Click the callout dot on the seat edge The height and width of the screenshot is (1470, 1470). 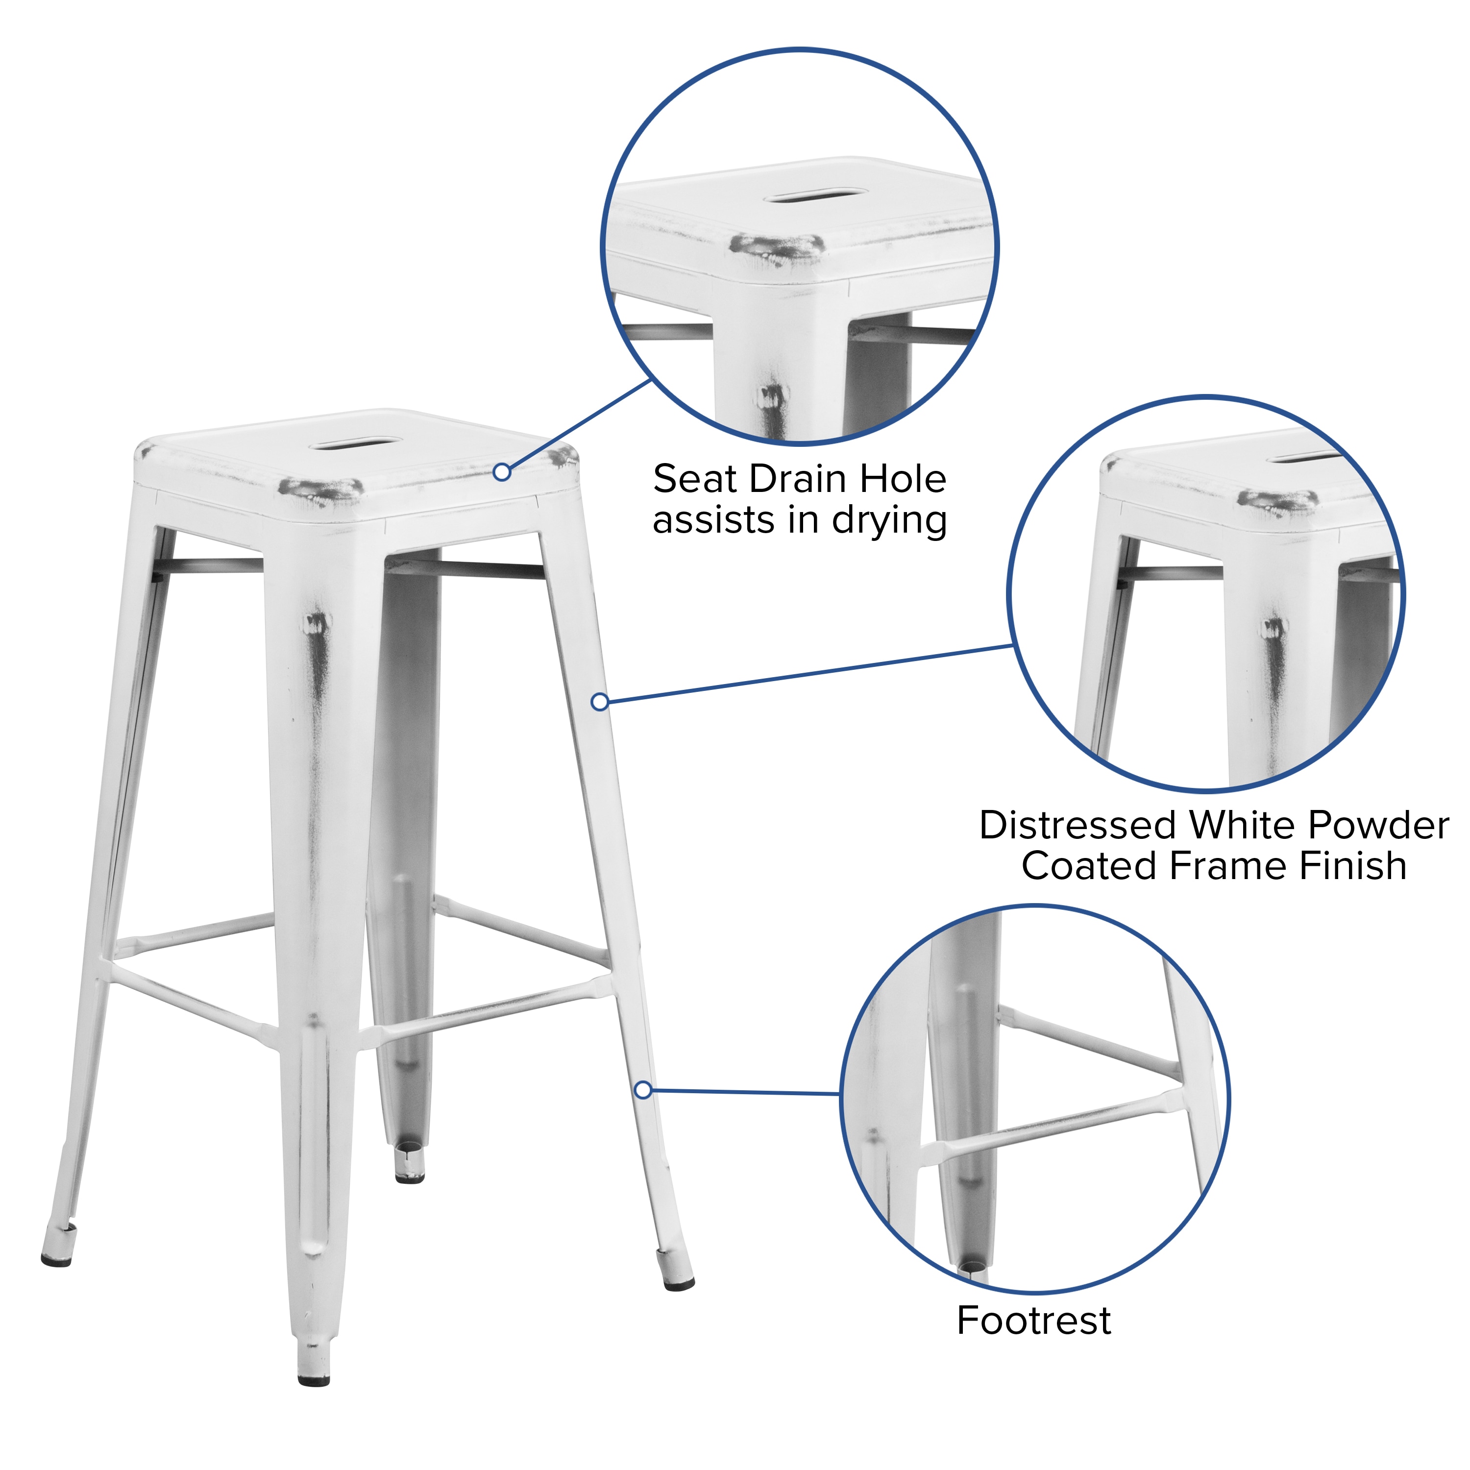coord(501,472)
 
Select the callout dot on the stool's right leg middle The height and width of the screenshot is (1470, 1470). coord(600,702)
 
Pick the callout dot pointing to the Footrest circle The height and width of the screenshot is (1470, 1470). coord(643,1090)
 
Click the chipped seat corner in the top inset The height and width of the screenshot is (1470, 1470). coord(776,247)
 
